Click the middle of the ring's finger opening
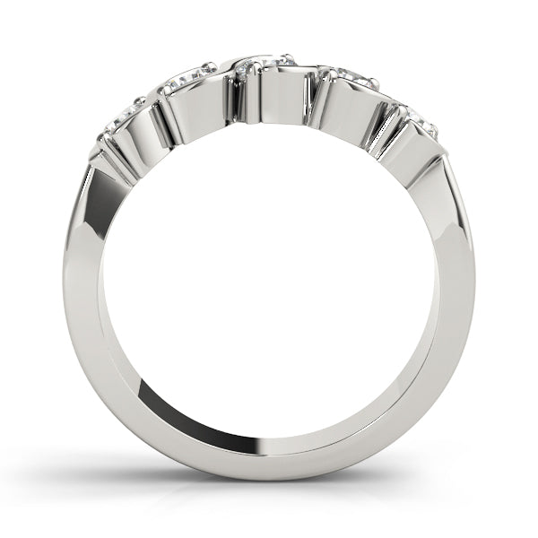pyautogui.click(x=269, y=287)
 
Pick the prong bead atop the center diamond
pyautogui.click(x=287, y=56)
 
